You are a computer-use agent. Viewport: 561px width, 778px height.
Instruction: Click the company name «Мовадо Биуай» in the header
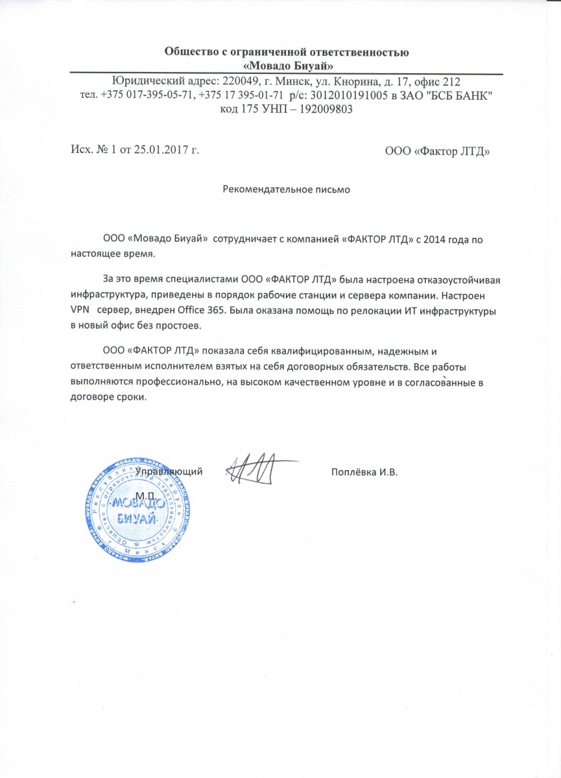point(287,65)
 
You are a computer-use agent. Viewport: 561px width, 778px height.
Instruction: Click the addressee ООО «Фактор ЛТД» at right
point(437,152)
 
